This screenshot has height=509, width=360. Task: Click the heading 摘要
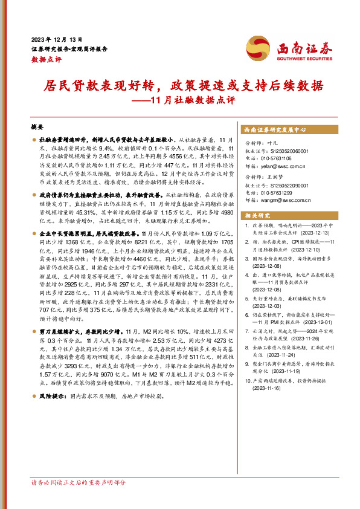pyautogui.click(x=37, y=128)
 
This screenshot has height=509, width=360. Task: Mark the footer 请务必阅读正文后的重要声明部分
pyautogui.click(x=78, y=482)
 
